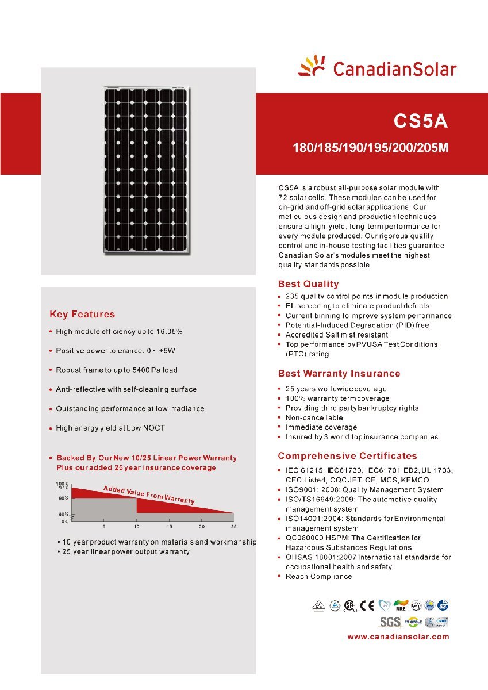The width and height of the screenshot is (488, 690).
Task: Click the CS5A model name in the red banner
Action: click(x=420, y=122)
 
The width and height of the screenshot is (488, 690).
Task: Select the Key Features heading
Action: click(x=82, y=315)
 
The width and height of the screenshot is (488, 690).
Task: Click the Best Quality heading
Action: click(x=308, y=284)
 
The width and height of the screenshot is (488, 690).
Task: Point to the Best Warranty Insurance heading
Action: click(x=339, y=374)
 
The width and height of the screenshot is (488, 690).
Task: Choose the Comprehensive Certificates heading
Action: click(x=347, y=456)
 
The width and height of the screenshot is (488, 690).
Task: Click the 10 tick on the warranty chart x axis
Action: click(x=137, y=527)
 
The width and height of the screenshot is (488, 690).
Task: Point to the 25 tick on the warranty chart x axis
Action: click(x=233, y=527)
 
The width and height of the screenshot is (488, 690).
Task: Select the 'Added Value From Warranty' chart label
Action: click(x=148, y=494)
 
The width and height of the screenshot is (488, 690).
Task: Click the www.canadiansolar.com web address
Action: click(x=398, y=637)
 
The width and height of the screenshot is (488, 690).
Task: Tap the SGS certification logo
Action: click(x=390, y=622)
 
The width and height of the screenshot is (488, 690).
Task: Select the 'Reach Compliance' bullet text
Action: click(x=318, y=577)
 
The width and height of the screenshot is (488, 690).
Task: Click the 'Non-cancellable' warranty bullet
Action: click(x=314, y=417)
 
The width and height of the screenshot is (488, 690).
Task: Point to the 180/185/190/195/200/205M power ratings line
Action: click(x=371, y=148)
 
